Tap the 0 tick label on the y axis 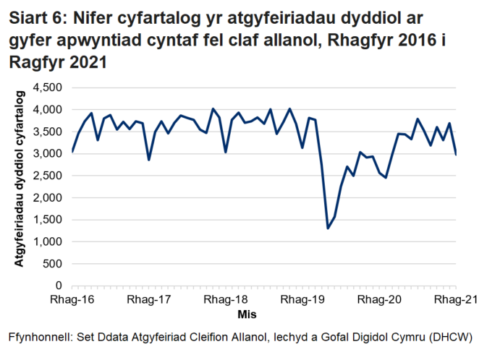tap(60, 286)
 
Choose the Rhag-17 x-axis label tap(148, 299)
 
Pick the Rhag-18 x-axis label tap(225, 299)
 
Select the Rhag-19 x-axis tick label tap(302, 299)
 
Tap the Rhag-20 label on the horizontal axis tap(379, 299)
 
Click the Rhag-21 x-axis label tap(454, 299)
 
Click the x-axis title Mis tap(246, 314)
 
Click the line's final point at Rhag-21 tap(456, 154)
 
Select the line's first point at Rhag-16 tap(72, 151)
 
